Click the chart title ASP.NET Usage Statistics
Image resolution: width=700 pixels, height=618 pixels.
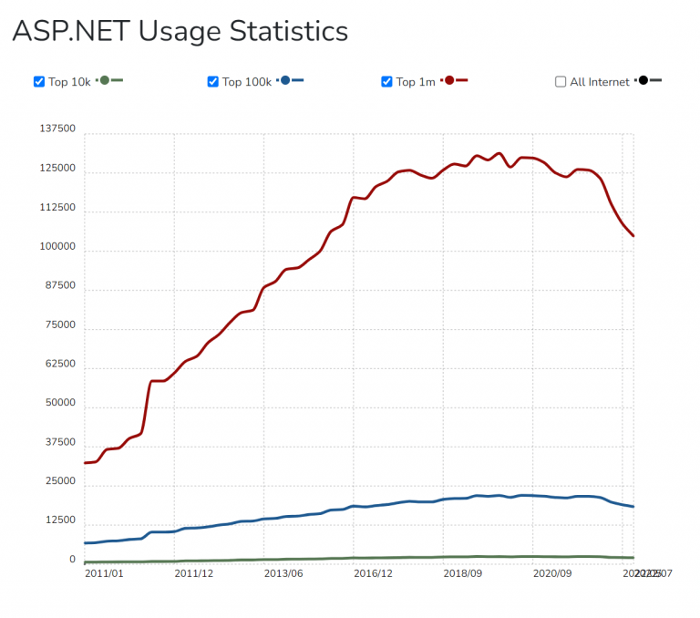pyautogui.click(x=180, y=31)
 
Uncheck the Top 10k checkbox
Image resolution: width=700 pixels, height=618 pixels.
pyautogui.click(x=39, y=82)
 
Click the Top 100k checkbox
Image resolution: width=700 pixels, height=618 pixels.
pyautogui.click(x=213, y=82)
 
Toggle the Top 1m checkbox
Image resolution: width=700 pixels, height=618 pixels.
pyautogui.click(x=387, y=82)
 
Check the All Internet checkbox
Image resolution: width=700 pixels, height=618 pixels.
pyautogui.click(x=561, y=82)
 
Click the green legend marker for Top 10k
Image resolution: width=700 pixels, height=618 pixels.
pyautogui.click(x=105, y=81)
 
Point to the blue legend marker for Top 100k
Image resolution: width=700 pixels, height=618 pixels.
pyautogui.click(x=286, y=81)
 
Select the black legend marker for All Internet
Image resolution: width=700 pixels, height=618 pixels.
pyautogui.click(x=643, y=81)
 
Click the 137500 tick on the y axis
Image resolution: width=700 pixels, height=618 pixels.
pyautogui.click(x=57, y=130)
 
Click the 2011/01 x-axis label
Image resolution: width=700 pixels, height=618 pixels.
pyautogui.click(x=104, y=573)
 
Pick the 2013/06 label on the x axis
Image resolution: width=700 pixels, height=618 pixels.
pyautogui.click(x=283, y=573)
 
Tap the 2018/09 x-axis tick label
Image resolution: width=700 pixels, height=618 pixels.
pyautogui.click(x=463, y=573)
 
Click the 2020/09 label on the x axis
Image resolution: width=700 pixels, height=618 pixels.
pyautogui.click(x=552, y=573)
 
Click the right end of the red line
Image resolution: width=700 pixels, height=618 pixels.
pyautogui.click(x=633, y=236)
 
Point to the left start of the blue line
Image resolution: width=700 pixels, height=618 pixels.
pyautogui.click(x=85, y=543)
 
